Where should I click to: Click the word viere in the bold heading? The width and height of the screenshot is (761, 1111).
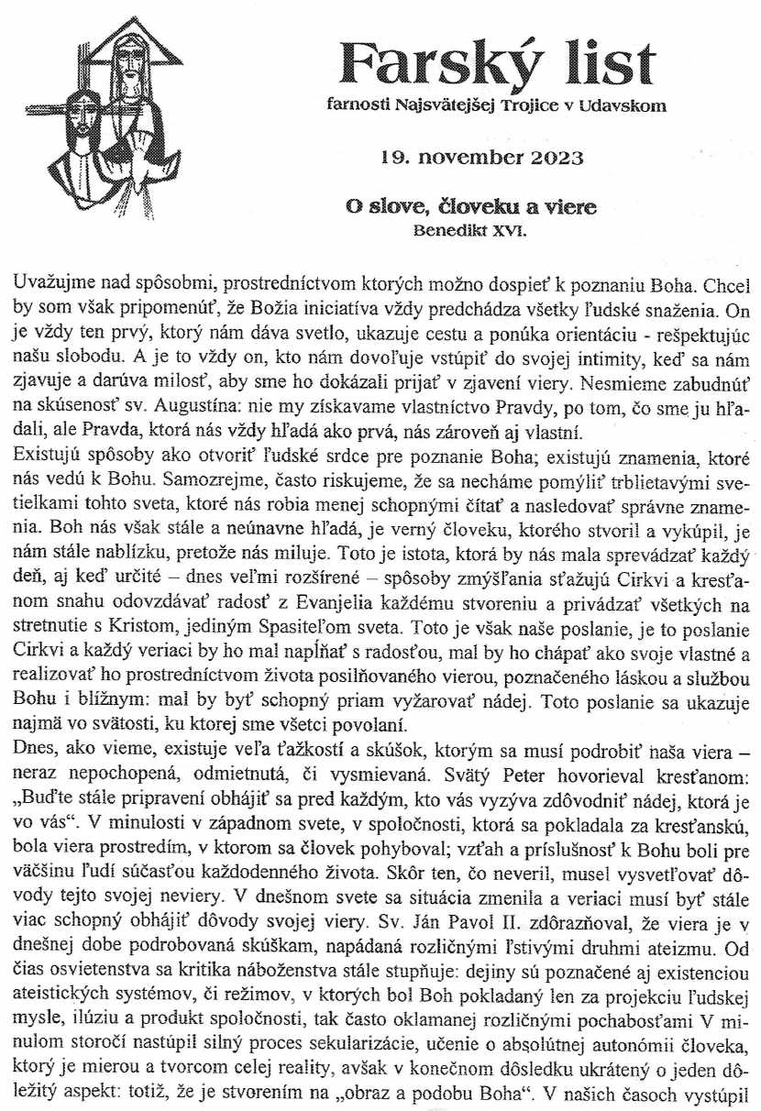[x=567, y=207]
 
